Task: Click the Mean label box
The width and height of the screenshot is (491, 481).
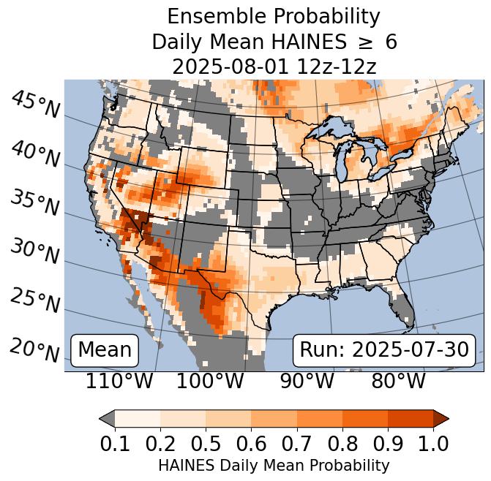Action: click(105, 350)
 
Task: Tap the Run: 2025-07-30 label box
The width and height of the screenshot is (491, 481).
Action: click(383, 350)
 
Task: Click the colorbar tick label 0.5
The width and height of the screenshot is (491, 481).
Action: click(206, 442)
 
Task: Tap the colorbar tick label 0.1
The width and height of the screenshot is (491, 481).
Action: click(115, 442)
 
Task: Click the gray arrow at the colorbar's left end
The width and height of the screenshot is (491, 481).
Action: click(107, 418)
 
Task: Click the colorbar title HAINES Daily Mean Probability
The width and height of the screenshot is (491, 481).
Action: click(274, 465)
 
